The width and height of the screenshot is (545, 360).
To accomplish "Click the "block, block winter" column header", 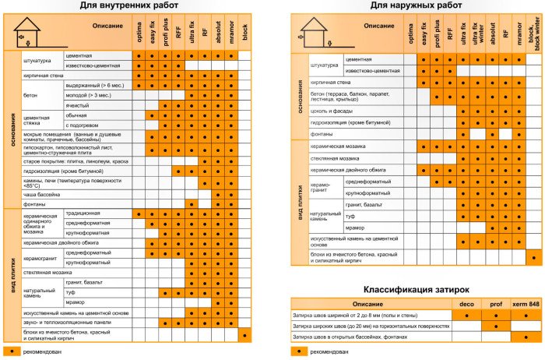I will (x=533, y=34).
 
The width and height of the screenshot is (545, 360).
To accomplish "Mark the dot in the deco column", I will (x=466, y=315).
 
